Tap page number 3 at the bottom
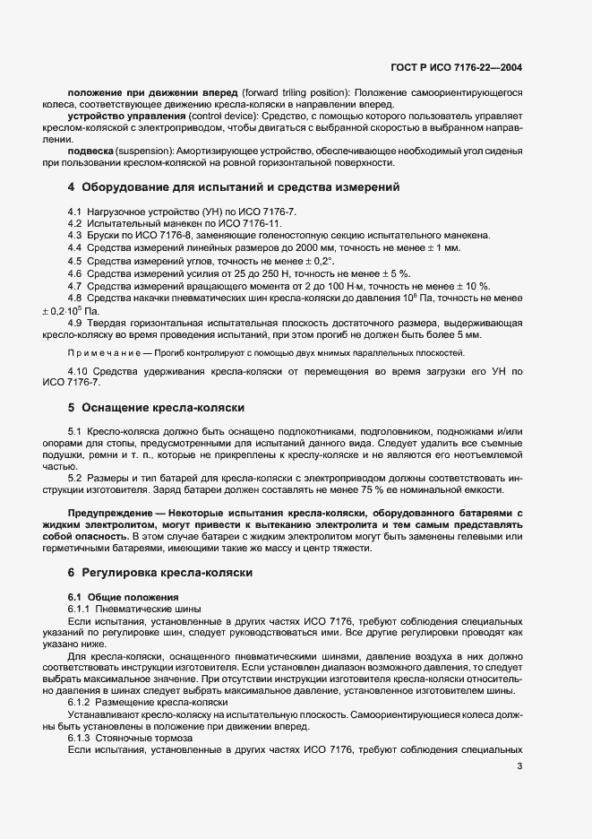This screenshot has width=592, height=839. [x=520, y=766]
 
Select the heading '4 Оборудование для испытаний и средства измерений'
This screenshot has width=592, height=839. [x=233, y=187]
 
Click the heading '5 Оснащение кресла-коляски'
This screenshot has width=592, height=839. [x=156, y=407]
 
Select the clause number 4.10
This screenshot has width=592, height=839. [x=78, y=370]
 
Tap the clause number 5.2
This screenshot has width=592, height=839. [x=75, y=477]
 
